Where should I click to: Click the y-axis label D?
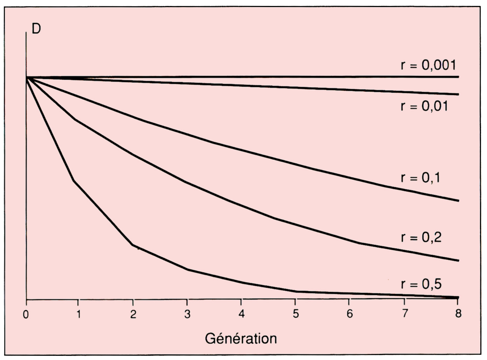coord(36,29)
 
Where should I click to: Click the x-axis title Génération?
coord(241,338)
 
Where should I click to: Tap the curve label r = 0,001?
coord(429,65)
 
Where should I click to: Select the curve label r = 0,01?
coord(424,106)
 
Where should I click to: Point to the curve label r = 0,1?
coord(420,178)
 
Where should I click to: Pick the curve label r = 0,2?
coord(421,237)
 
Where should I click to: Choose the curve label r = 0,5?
coord(421,284)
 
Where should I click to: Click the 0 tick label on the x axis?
coord(26,314)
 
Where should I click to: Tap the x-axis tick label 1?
coord(79,314)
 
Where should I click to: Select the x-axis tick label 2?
coord(133,314)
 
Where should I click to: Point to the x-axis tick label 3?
coord(187,314)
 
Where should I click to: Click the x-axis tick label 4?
coord(241,314)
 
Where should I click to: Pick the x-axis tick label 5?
coord(296,314)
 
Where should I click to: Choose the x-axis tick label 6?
coord(350,314)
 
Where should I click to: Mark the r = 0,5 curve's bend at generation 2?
coord(132,245)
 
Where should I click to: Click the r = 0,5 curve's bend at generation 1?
coord(74,181)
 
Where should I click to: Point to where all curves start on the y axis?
coord(27,77)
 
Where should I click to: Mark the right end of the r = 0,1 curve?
coord(458,201)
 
